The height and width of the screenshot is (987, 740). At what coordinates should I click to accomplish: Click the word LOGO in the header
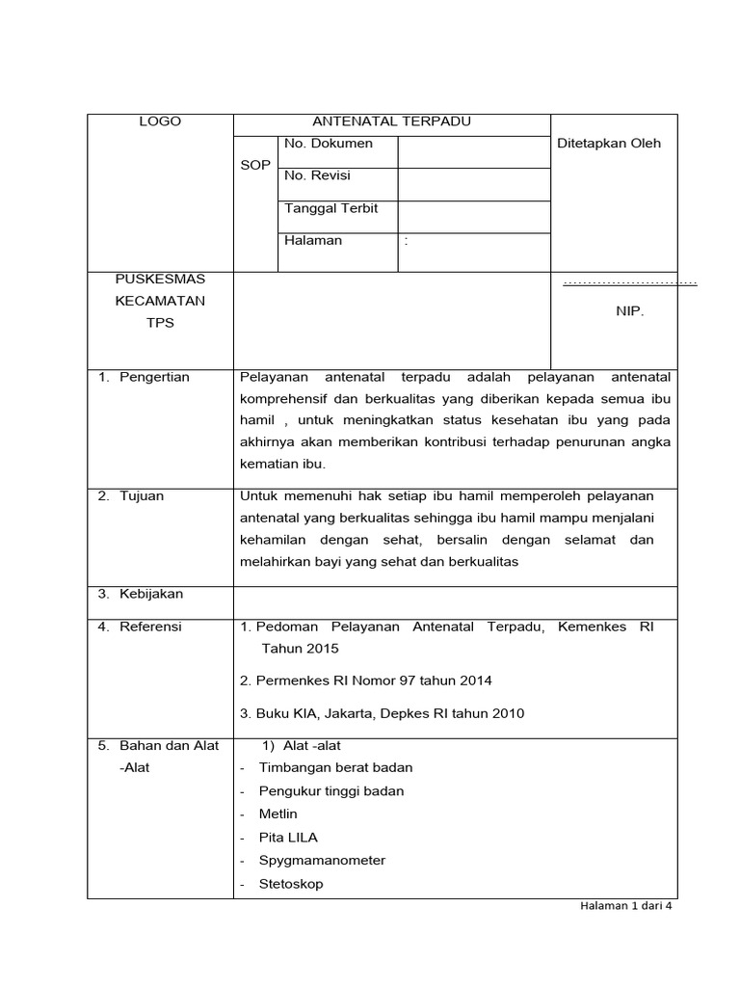tap(160, 121)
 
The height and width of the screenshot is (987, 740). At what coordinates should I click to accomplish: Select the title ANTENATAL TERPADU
tap(391, 121)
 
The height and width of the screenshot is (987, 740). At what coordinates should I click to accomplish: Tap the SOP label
tap(255, 166)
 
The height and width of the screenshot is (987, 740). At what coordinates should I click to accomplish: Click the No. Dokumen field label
tap(329, 144)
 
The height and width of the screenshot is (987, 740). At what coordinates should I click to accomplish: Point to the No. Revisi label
tap(318, 175)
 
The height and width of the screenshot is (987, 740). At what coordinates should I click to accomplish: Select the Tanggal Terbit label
tap(331, 208)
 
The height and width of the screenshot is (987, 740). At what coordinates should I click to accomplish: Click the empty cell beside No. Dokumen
tap(473, 151)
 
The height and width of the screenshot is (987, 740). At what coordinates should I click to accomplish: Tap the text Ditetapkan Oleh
tap(610, 144)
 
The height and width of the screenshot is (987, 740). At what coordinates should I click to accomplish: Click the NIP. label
tap(629, 312)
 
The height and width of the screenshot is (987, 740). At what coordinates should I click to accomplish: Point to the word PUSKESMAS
tap(160, 279)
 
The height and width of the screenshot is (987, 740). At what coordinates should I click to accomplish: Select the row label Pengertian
tap(154, 377)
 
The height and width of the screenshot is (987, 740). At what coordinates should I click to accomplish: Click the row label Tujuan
tap(142, 496)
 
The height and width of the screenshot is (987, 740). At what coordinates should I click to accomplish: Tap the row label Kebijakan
tap(150, 594)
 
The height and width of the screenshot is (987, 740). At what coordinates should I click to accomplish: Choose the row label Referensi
tap(150, 627)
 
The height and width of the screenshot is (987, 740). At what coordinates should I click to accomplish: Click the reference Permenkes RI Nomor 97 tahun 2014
tap(366, 680)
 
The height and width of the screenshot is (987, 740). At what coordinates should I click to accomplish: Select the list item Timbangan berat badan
tap(335, 767)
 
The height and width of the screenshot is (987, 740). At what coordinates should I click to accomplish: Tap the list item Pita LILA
tap(288, 837)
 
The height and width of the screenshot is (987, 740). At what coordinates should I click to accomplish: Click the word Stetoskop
tap(291, 883)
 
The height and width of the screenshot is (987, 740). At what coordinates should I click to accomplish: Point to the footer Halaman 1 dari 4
tap(624, 907)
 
